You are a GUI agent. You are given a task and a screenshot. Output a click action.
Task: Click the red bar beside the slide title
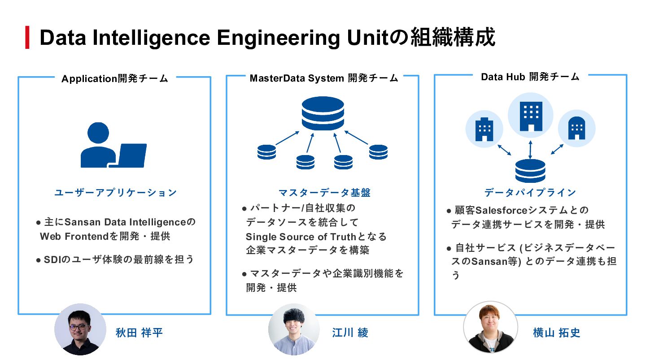[27, 38]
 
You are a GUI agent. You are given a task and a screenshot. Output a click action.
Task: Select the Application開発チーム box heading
[115, 79]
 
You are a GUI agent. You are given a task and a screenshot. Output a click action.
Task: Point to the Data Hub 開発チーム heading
[530, 77]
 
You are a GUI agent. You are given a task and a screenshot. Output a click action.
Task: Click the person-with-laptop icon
[113, 145]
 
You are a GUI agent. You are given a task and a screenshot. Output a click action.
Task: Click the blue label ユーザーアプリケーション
[116, 193]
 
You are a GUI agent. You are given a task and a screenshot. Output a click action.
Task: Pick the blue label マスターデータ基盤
[324, 193]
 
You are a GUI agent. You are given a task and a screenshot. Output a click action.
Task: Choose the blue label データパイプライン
[530, 193]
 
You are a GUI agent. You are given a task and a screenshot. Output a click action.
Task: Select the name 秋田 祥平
[139, 333]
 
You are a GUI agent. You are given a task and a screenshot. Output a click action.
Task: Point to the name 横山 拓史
[557, 333]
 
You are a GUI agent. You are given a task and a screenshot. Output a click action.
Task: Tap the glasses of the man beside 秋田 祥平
[79, 327]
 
